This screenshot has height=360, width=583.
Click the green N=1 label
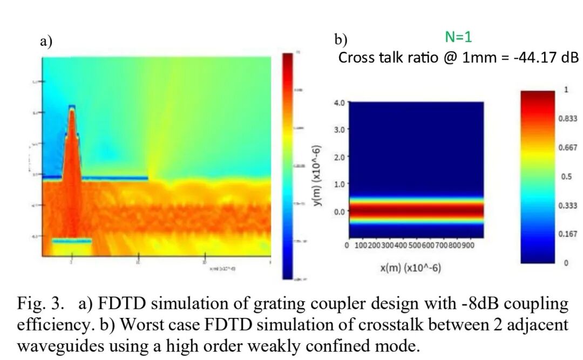tap(458, 37)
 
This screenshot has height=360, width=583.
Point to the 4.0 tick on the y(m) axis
tap(339, 102)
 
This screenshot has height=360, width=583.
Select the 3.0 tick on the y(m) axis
tap(339, 130)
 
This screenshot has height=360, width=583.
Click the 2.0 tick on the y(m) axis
tap(339, 157)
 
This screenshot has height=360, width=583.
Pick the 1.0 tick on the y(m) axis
tap(339, 184)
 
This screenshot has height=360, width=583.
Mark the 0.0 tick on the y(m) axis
tap(339, 211)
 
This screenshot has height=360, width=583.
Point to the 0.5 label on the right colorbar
tap(565, 176)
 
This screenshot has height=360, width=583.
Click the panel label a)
tap(46, 42)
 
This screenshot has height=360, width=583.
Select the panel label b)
tap(341, 40)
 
